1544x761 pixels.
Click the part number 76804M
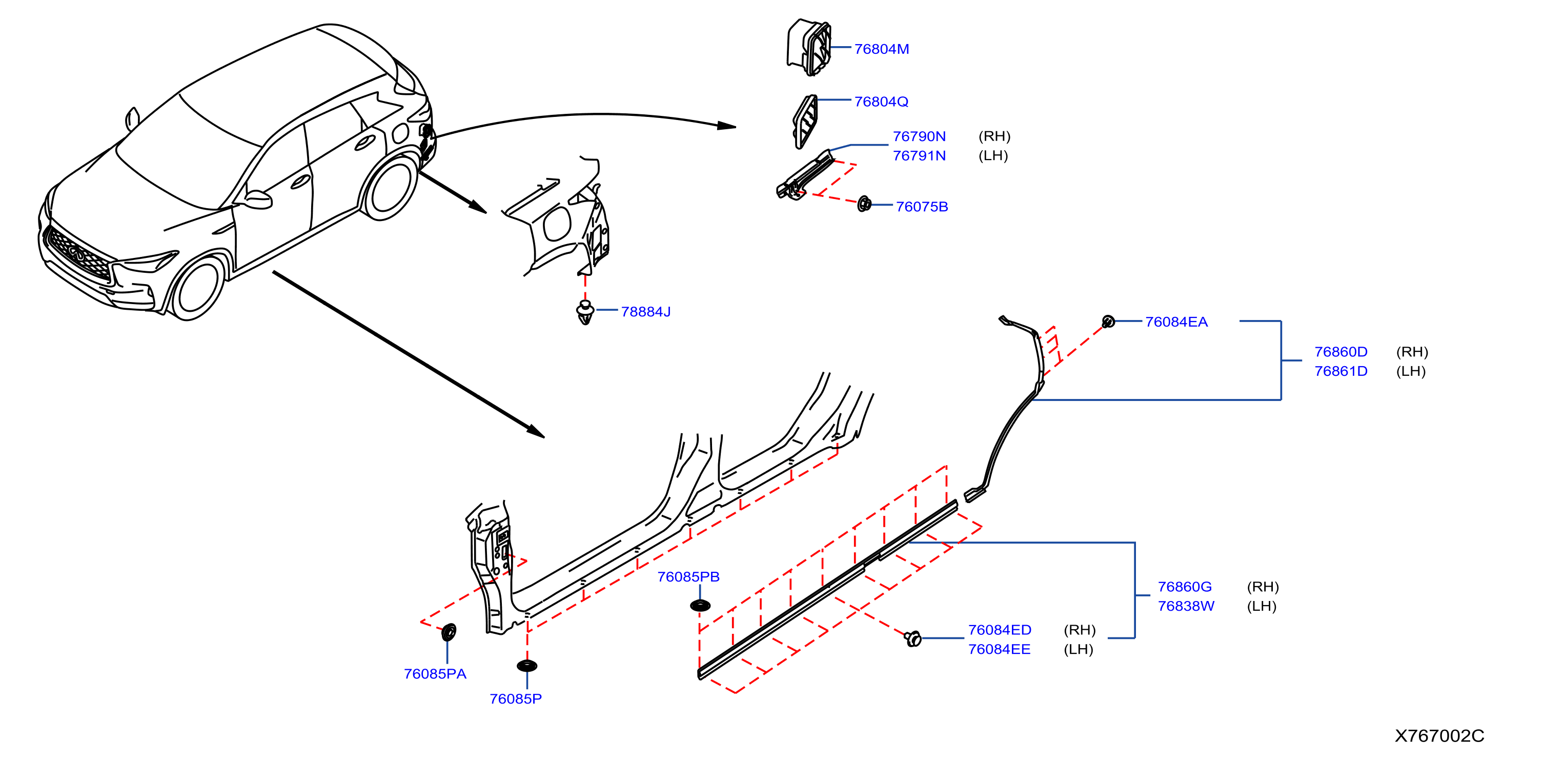[881, 49]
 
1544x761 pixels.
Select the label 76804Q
[881, 102]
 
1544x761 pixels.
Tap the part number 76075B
[922, 207]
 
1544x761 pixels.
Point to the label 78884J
[645, 312]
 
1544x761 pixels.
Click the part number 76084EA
[1176, 322]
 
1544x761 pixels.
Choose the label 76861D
[1341, 371]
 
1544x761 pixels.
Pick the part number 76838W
[1186, 606]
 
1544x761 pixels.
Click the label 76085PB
[688, 577]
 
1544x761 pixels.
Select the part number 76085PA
[435, 674]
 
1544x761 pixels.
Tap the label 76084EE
[999, 649]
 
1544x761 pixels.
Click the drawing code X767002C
[1439, 736]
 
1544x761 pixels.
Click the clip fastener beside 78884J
[585, 312]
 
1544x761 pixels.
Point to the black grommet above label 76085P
[527, 666]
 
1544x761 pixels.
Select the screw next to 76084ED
[912, 638]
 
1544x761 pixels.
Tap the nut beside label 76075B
[864, 204]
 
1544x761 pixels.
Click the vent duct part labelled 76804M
[809, 47]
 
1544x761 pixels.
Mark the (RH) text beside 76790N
[994, 137]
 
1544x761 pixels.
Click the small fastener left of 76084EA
[1108, 322]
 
